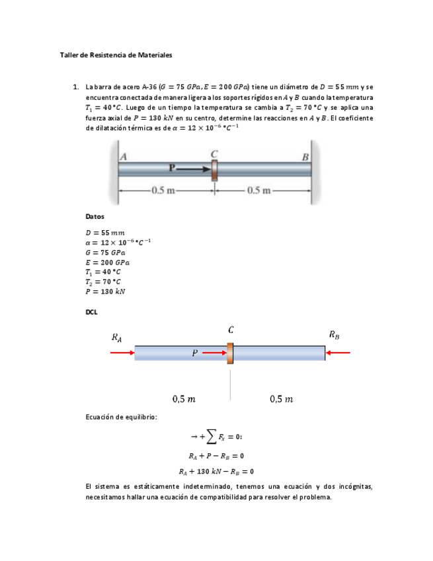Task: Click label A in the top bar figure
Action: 124,157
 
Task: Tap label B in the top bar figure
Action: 305,157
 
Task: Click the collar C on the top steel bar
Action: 214,169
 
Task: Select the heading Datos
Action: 95,217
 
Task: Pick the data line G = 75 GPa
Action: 105,252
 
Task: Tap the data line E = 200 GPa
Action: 107,262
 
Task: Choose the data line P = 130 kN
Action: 106,291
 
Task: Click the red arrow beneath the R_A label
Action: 122,353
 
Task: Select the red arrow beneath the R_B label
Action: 338,353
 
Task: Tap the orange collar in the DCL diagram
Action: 230,353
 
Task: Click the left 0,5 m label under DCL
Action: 183,399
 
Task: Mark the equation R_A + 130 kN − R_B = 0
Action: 216,472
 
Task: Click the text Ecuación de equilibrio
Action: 122,417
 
